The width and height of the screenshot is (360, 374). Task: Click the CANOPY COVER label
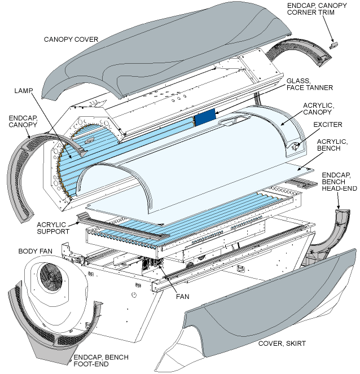tap(71, 39)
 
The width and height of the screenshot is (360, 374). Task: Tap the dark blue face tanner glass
tap(204, 118)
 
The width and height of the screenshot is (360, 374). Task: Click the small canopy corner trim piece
tap(333, 43)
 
